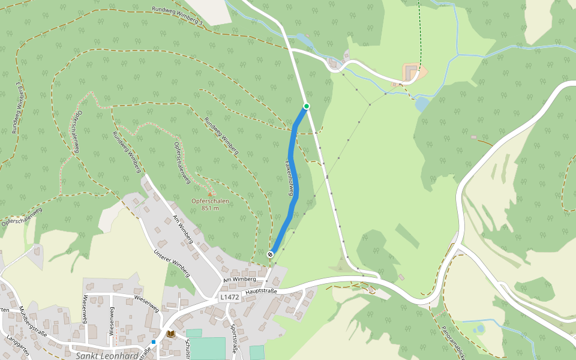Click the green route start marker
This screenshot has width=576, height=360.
(307, 106)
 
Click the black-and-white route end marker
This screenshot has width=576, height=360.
(271, 254)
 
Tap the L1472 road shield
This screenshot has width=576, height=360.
(229, 297)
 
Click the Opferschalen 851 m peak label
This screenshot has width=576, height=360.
(210, 205)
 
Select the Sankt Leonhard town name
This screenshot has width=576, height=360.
(107, 355)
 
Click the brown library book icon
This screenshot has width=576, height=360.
(171, 334)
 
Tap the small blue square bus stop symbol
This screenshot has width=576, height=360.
(154, 342)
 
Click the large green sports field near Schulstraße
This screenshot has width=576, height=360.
(208, 348)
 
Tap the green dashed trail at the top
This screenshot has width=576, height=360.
(419, 30)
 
